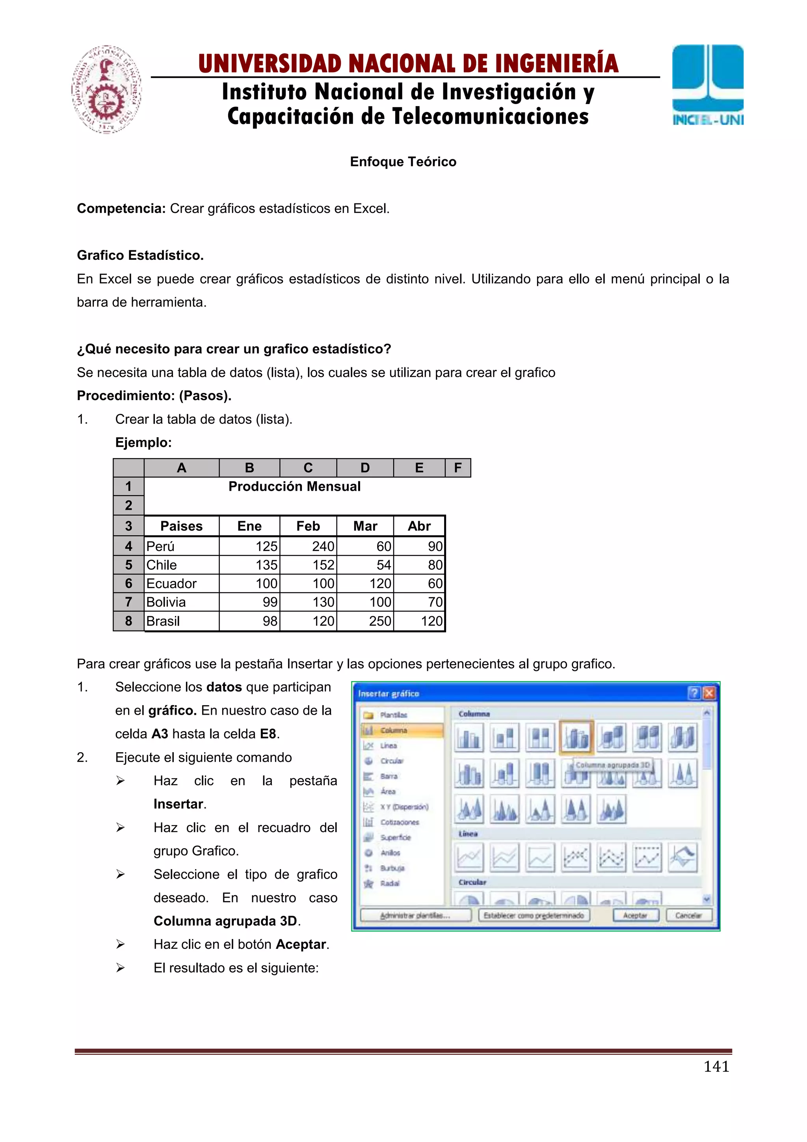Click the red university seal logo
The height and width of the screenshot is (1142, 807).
[106, 89]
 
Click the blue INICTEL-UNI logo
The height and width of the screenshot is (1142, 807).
[708, 84]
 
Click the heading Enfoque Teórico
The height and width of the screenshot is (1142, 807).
[403, 162]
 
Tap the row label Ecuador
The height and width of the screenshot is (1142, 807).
[171, 583]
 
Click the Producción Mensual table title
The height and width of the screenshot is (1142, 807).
[294, 486]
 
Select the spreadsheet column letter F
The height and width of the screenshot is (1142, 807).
[457, 468]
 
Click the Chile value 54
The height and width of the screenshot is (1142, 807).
[383, 565]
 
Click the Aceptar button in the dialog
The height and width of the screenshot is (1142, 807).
[635, 915]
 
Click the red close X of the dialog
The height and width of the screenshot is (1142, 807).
[708, 693]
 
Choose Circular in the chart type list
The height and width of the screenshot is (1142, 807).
[392, 761]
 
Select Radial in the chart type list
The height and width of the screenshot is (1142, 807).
[389, 883]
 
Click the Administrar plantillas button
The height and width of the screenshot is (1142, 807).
[415, 915]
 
